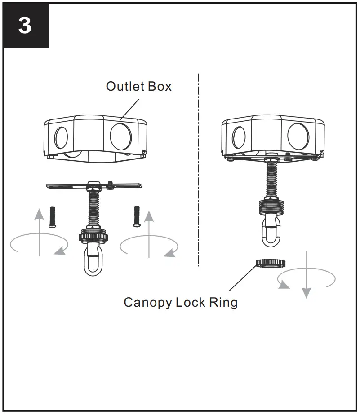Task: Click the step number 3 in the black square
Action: pyautogui.click(x=25, y=26)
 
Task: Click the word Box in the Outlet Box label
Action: pyautogui.click(x=160, y=86)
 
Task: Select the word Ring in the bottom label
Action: pyautogui.click(x=223, y=303)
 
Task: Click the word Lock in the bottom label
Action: pyautogui.click(x=191, y=303)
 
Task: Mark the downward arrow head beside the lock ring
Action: pyautogui.click(x=306, y=293)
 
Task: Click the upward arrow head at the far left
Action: pyautogui.click(x=40, y=215)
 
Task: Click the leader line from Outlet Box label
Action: pyautogui.click(x=130, y=107)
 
